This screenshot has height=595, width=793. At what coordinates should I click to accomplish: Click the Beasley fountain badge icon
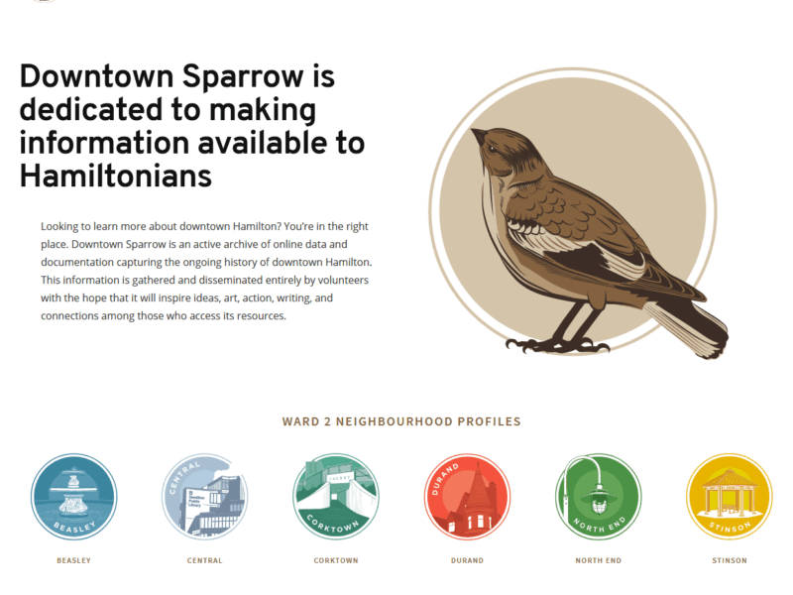coord(73,497)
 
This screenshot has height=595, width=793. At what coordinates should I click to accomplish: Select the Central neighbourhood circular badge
coord(205,497)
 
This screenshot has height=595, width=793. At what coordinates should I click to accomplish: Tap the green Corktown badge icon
coord(336,497)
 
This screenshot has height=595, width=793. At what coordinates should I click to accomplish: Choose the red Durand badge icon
coord(467,497)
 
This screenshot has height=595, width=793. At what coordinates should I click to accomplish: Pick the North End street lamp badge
coord(599,497)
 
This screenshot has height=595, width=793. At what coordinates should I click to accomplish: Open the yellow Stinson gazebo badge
coord(730,497)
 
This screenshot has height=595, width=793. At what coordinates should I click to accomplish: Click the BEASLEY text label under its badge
coord(73,560)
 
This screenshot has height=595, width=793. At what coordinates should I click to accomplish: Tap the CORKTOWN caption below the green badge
coord(336,560)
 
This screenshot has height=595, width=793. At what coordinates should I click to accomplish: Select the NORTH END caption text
coord(599,560)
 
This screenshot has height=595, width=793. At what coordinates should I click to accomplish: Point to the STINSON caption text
coord(730,560)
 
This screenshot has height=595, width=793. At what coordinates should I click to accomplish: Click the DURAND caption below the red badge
coord(467,560)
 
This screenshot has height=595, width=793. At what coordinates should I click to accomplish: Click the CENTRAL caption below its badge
coord(205,560)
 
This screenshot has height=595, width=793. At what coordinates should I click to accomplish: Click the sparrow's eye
coord(492,149)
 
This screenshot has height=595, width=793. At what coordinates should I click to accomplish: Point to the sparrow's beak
coord(479,135)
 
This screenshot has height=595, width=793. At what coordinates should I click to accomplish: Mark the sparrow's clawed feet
coord(557,345)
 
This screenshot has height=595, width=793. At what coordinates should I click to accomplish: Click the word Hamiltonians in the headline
coord(116,177)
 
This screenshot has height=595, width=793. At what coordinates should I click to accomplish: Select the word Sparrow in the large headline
coord(243,77)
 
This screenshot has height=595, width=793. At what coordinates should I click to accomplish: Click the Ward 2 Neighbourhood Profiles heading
coord(401,421)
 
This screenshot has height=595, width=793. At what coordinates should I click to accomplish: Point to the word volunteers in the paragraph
coord(343,280)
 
